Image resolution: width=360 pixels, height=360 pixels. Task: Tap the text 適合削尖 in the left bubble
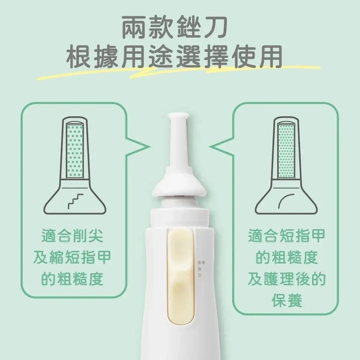click(72, 237)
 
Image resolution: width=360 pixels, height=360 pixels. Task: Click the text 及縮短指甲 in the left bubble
click(72, 258)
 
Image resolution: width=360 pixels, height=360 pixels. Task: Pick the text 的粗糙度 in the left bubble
click(72, 278)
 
